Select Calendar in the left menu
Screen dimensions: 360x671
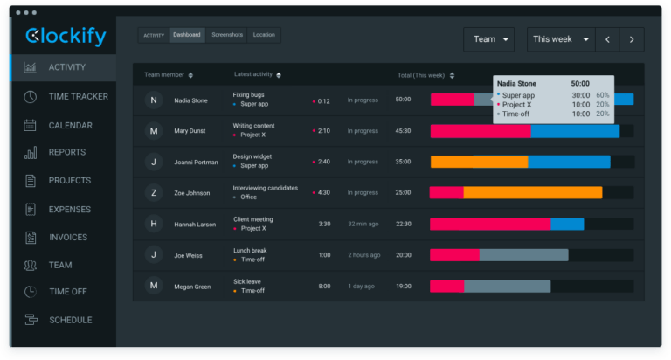click(70, 125)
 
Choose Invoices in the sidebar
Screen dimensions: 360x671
click(67, 237)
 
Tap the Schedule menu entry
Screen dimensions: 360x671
click(70, 320)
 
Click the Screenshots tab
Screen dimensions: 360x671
click(226, 35)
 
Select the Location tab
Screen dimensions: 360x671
click(264, 35)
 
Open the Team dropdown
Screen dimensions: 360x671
click(488, 39)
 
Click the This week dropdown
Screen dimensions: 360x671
click(559, 39)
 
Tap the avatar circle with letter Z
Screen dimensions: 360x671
click(154, 193)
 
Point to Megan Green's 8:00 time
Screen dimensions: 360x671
click(324, 286)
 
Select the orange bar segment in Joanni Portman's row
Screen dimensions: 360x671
click(479, 162)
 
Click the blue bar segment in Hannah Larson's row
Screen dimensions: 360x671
click(567, 224)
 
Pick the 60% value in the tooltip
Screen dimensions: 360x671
click(603, 95)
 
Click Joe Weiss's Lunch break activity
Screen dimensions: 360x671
click(250, 250)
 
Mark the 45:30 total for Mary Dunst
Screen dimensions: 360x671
click(403, 131)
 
